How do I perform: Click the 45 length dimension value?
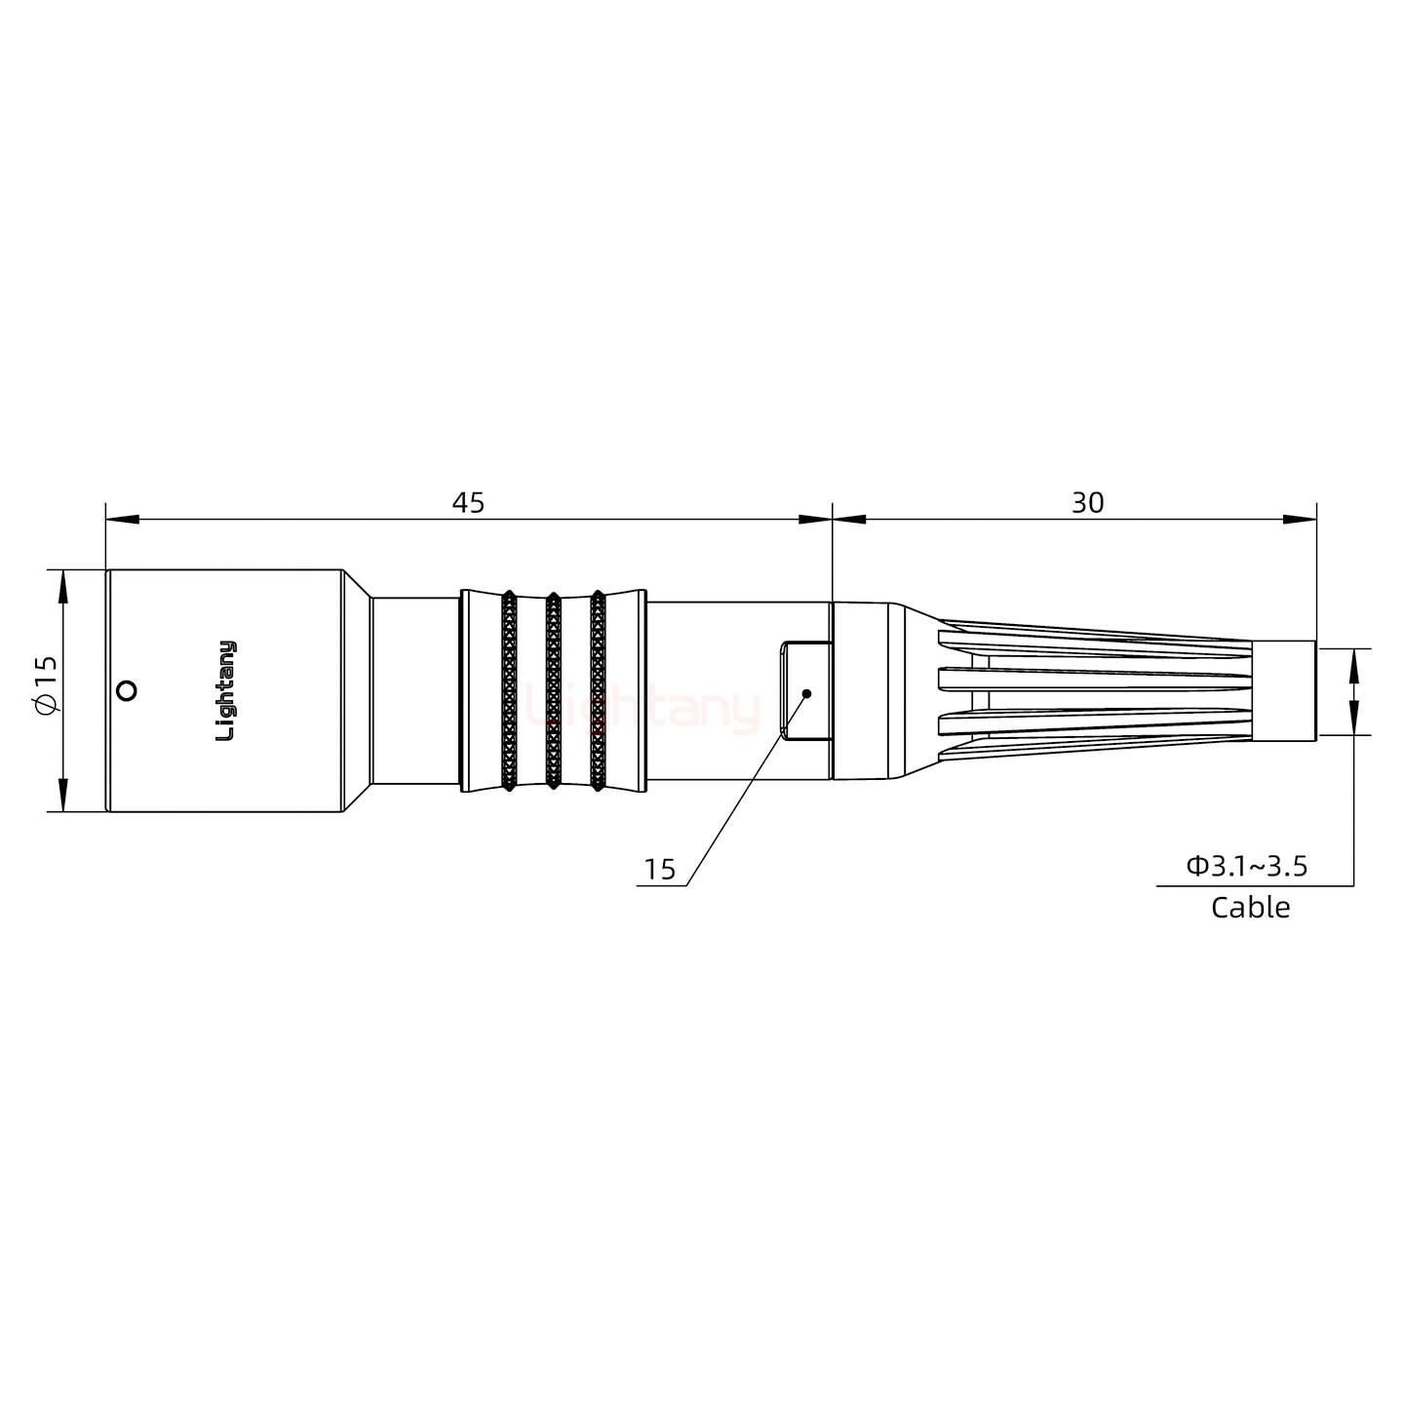click(468, 503)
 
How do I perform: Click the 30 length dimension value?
click(1087, 503)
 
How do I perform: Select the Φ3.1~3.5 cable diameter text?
click(1246, 865)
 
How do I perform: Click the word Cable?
click(1250, 908)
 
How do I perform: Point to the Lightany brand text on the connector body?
click(225, 690)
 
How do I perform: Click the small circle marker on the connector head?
click(125, 691)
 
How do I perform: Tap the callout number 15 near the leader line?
click(660, 870)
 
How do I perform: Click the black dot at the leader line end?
click(806, 693)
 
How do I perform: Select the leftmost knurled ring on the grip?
click(508, 690)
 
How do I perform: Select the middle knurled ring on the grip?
click(553, 690)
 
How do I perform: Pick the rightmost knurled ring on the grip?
click(597, 690)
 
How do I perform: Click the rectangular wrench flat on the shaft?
click(804, 690)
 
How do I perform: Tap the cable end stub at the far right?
click(1284, 690)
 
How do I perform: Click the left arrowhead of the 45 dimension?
click(122, 520)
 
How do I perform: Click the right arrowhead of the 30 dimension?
click(1299, 520)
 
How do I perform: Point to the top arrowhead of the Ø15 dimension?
click(63, 586)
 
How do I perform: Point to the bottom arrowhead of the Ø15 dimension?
click(63, 795)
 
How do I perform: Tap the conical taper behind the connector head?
click(356, 690)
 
